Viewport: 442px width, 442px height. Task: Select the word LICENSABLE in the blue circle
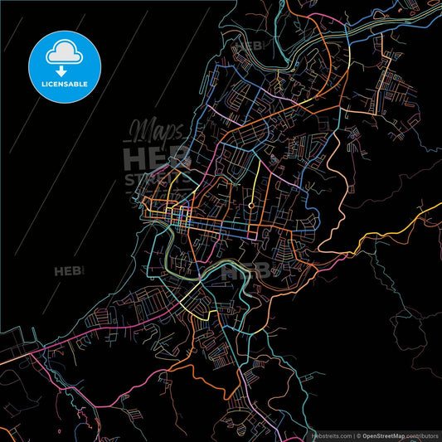pyautogui.click(x=64, y=82)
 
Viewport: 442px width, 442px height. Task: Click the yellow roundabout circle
pyautogui.click(x=250, y=204)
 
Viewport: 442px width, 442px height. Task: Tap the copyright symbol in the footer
pyautogui.click(x=359, y=435)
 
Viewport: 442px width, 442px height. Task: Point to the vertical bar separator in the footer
pyautogui.click(x=353, y=435)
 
